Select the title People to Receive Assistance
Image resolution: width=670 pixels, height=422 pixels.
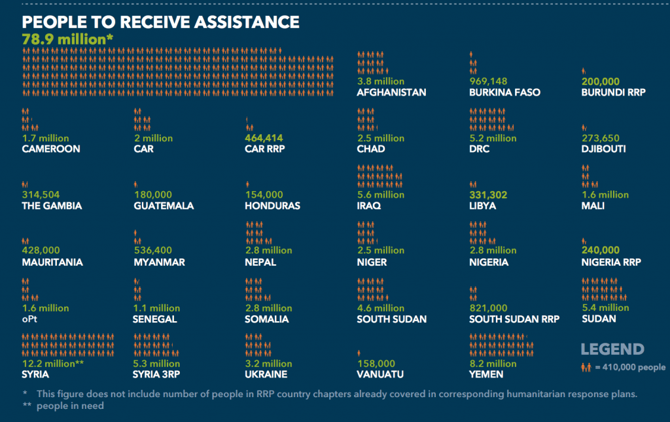[x=160, y=22]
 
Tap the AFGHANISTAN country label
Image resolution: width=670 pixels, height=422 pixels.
[x=391, y=92]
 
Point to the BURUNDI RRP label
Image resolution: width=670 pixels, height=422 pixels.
[x=613, y=92]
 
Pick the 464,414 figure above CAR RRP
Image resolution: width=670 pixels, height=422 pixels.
[x=264, y=138]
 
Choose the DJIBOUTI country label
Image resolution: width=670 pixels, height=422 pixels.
[x=603, y=149]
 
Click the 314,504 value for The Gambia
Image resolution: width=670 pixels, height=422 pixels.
[x=41, y=195]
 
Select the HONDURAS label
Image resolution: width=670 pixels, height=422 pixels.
[x=272, y=205]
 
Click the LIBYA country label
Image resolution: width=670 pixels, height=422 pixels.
[x=482, y=205]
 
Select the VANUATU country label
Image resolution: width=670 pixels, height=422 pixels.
[x=379, y=374]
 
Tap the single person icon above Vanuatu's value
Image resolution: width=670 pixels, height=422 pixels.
[x=359, y=353]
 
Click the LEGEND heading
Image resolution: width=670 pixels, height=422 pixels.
[x=612, y=349]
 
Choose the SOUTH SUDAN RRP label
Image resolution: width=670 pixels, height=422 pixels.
[x=514, y=319]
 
